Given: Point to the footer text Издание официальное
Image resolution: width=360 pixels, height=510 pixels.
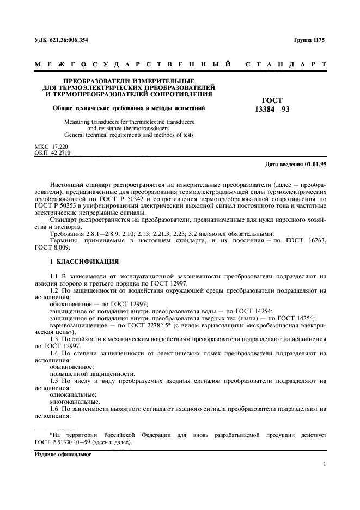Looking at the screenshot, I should point(63,454).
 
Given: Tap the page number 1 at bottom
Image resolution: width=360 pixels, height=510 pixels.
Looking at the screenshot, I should point(324,464).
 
